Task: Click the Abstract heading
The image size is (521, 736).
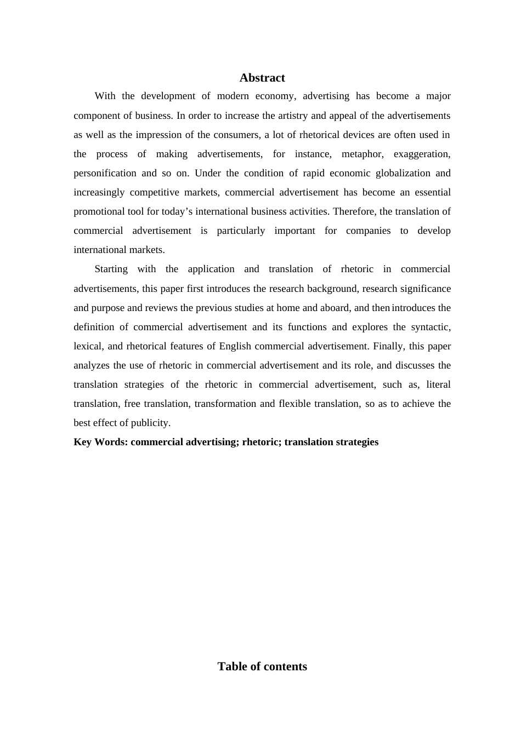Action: point(262,78)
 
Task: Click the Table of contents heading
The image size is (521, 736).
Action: point(262,666)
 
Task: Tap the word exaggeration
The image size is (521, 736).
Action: point(422,154)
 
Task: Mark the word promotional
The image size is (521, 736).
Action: point(99,211)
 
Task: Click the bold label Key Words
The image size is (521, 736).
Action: point(100,442)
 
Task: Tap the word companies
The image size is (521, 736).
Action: point(368,231)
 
